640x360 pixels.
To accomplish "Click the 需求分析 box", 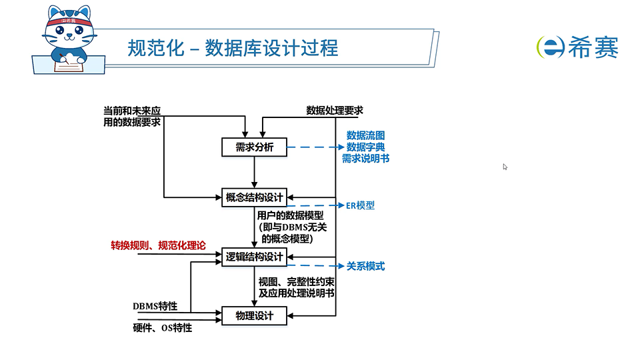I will pos(254,147).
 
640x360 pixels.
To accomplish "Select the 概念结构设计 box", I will pos(254,198).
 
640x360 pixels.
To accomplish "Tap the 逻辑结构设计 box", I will pos(254,257).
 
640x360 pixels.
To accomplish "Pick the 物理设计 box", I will pos(254,315).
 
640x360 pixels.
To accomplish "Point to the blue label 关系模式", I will pos(365,266).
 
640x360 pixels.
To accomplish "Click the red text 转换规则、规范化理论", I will pos(158,246).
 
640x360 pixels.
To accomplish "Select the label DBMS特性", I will pos(155,306).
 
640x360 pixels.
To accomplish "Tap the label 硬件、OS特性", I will pos(163,327).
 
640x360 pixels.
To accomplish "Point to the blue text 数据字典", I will pos(365,147).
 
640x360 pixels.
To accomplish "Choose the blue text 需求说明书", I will pos(365,159).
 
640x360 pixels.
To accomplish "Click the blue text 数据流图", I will pos(365,135).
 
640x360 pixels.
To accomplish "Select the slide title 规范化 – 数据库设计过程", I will pos(233,48).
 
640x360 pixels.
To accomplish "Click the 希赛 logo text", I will pos(593,47).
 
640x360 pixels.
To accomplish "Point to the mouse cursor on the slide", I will pos(505,167).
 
